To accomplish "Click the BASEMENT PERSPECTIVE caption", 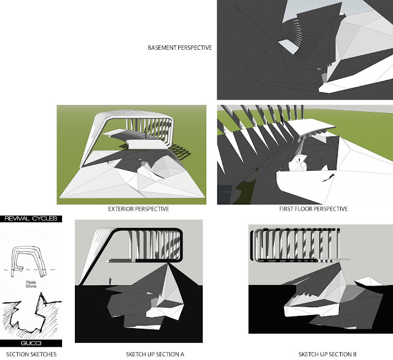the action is pos(179,48).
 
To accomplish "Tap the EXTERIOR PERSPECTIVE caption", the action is pos(139,209).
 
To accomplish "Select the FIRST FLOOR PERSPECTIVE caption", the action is pos(314,209).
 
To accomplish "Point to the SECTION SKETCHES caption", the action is pos(31,354).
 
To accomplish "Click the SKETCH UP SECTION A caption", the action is pos(155,354).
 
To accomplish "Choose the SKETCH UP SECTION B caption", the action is pos(327,354).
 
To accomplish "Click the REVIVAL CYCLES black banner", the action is pos(31,219).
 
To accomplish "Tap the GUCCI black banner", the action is pos(31,343).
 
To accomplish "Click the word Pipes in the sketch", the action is pos(31,282).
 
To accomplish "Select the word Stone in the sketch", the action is pos(31,286).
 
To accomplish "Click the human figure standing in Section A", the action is pos(110,281).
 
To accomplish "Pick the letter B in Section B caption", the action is pos(354,354).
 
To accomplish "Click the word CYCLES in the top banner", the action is pos(45,219).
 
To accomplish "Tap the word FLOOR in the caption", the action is pos(303,209).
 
